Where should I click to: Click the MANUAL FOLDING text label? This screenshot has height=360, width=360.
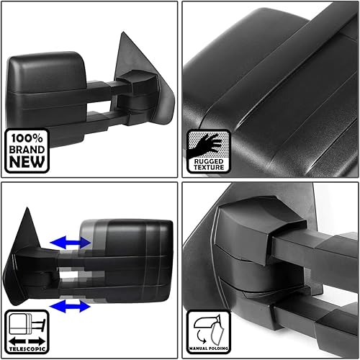208,348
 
